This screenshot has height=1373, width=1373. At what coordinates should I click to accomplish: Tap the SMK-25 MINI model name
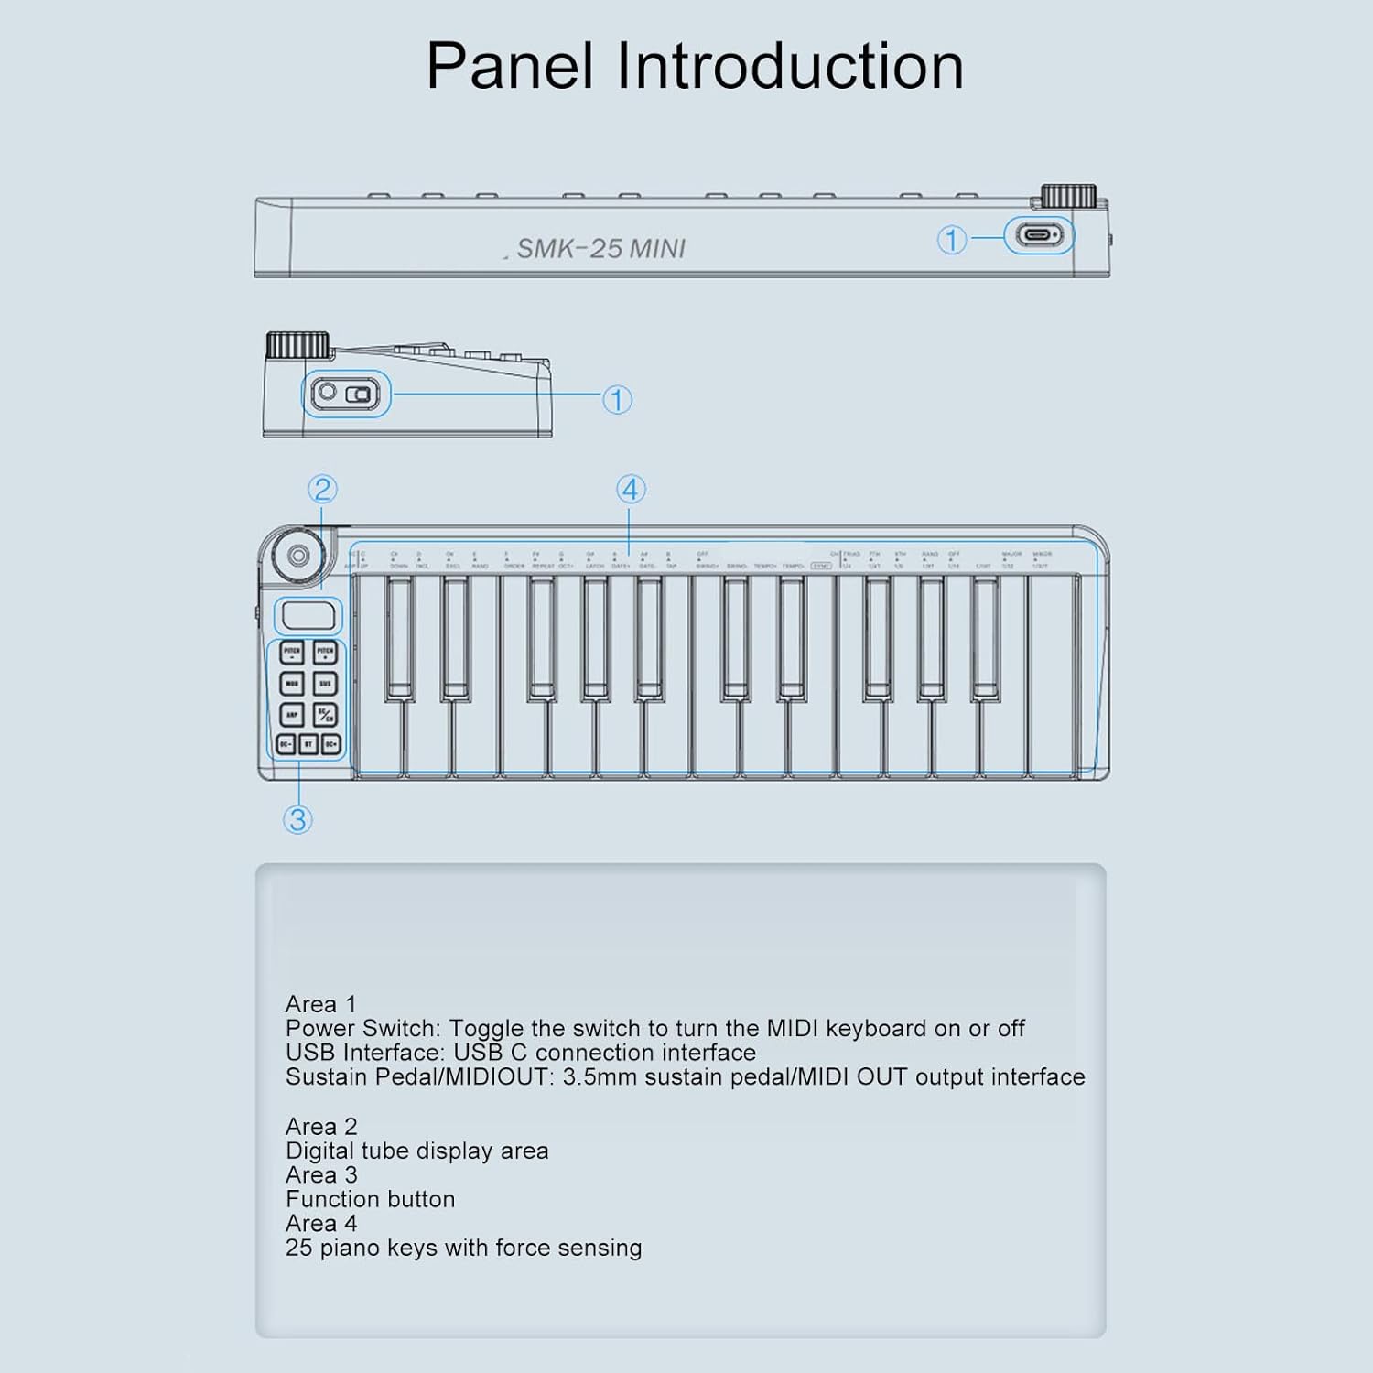[x=600, y=249]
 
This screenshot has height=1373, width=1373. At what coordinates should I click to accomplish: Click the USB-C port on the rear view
[x=1038, y=236]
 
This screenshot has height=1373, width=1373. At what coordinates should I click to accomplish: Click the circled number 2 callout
[x=322, y=490]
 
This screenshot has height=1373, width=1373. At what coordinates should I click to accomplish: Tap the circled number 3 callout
[x=297, y=819]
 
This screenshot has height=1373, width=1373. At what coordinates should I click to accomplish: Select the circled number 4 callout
[x=630, y=490]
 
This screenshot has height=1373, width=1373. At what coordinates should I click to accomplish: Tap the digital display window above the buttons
[x=308, y=615]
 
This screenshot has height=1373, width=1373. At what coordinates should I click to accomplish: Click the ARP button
[x=291, y=714]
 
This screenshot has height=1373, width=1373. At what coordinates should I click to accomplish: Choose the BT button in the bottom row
[x=308, y=744]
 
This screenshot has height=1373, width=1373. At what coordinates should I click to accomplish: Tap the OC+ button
[x=330, y=744]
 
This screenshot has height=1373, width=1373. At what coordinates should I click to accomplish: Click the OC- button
[x=286, y=744]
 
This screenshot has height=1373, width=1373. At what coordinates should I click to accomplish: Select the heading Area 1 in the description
[x=320, y=1004]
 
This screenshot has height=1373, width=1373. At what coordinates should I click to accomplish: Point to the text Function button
[x=370, y=1199]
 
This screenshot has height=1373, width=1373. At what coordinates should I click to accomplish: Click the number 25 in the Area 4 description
[x=298, y=1248]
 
